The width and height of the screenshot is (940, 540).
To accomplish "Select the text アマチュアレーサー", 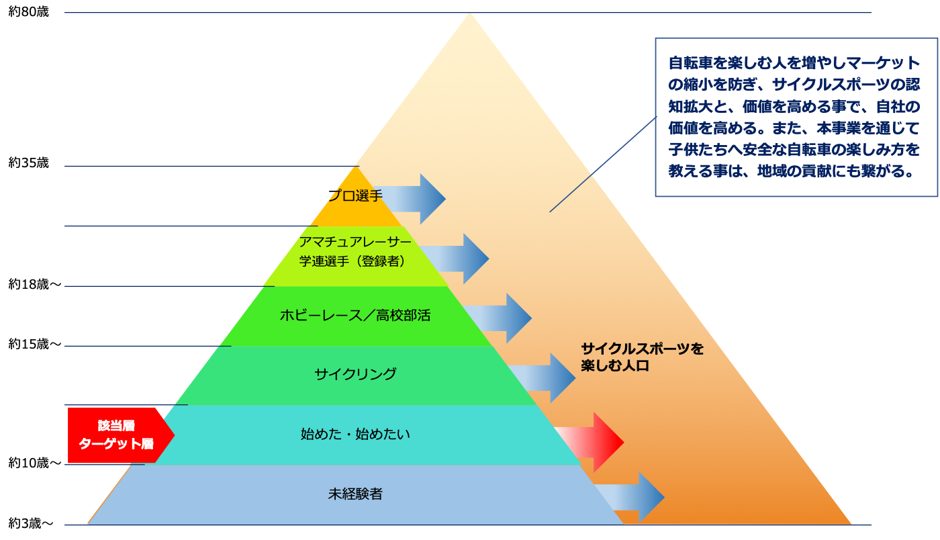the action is tap(355, 242).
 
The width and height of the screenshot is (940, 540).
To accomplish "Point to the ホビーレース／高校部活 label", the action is tap(355, 315).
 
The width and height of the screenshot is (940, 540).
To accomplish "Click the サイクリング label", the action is tap(355, 374).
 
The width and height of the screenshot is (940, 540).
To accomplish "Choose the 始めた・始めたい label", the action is tap(355, 434).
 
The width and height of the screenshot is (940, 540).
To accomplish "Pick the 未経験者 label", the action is tap(355, 494).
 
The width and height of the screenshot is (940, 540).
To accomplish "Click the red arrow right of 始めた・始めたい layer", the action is tap(591, 442).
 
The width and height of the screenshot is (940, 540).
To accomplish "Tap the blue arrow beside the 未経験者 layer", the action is tap(631, 497).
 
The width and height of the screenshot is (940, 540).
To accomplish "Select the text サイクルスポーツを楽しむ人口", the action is tap(641, 357).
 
